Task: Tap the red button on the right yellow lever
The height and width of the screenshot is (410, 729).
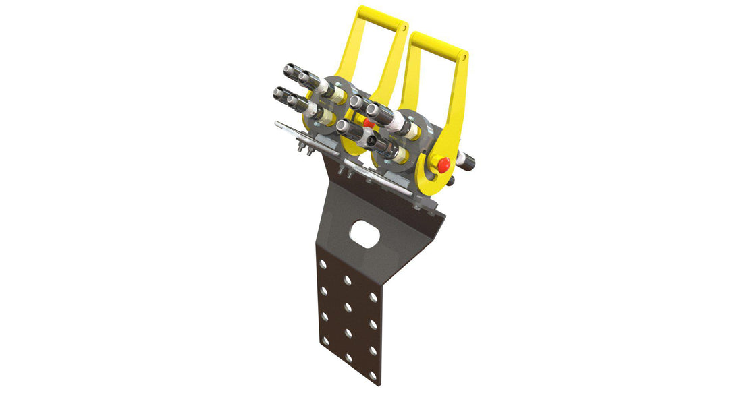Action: pyautogui.click(x=443, y=164)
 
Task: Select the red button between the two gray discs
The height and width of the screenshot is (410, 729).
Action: pyautogui.click(x=368, y=122)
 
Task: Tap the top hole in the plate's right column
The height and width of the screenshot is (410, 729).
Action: pyautogui.click(x=373, y=297)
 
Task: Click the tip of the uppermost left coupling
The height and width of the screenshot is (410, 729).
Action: pyautogui.click(x=289, y=69)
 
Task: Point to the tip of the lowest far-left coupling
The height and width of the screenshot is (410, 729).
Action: pyautogui.click(x=278, y=94)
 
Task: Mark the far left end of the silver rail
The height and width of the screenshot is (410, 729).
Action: pyautogui.click(x=278, y=123)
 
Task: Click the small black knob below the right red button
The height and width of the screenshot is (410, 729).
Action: pyautogui.click(x=450, y=181)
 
